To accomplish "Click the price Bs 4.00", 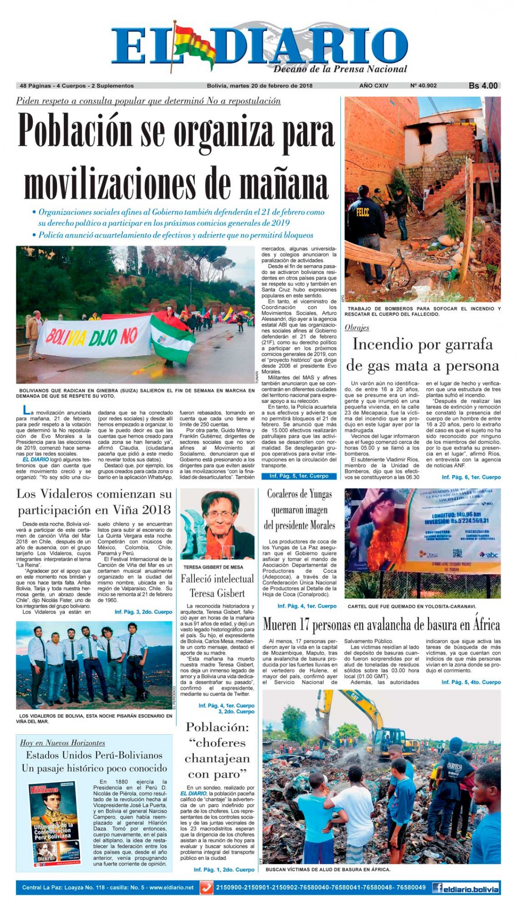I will tap(483, 86).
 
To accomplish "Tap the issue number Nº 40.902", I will tap(423, 86).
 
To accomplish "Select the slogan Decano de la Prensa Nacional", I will tap(340, 69).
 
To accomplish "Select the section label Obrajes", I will tap(357, 328).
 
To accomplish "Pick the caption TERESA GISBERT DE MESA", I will tap(213, 567).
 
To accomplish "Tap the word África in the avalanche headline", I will tap(483, 625).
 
